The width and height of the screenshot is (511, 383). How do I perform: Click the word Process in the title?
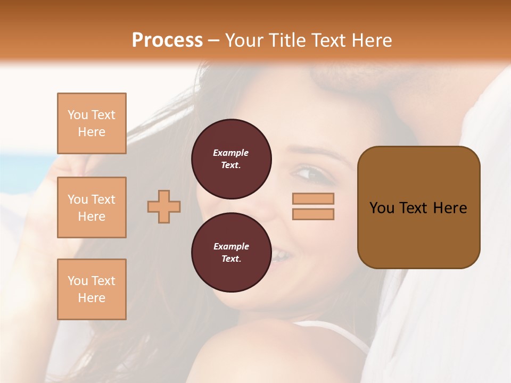pyautogui.click(x=167, y=40)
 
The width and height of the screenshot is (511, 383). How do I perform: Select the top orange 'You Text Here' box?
pyautogui.click(x=92, y=123)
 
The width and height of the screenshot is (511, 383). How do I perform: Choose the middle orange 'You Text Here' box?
pyautogui.click(x=92, y=207)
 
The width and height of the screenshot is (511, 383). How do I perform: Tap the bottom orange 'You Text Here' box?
pyautogui.click(x=92, y=289)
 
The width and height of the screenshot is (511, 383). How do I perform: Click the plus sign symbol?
pyautogui.click(x=164, y=206)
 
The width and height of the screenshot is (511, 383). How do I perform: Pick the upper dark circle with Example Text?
pyautogui.click(x=231, y=159)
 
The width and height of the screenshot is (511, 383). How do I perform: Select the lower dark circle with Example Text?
pyautogui.click(x=231, y=253)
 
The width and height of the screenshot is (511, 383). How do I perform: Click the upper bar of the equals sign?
pyautogui.click(x=313, y=198)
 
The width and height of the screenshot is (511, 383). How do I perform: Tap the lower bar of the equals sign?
pyautogui.click(x=313, y=214)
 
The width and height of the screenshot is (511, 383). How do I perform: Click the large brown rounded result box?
pyautogui.click(x=418, y=207)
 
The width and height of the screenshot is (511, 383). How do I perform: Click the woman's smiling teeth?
pyautogui.click(x=281, y=257)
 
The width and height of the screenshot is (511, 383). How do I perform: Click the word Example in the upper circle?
pyautogui.click(x=231, y=153)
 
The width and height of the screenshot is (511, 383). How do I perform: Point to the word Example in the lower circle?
pyautogui.click(x=231, y=246)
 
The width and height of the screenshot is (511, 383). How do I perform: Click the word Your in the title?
pyautogui.click(x=244, y=40)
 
